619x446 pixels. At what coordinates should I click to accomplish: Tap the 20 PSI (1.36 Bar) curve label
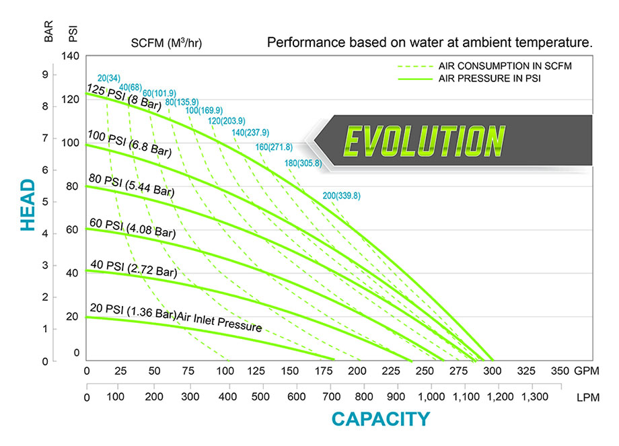(x=133, y=312)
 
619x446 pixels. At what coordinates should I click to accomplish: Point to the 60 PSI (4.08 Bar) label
(x=132, y=229)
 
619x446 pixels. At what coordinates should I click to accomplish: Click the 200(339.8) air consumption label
(x=342, y=196)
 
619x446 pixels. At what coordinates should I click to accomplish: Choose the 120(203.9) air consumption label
(x=227, y=121)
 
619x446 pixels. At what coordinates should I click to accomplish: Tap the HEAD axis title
(x=28, y=205)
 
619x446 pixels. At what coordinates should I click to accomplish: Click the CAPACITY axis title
(x=380, y=419)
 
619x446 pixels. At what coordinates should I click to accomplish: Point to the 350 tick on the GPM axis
(x=560, y=372)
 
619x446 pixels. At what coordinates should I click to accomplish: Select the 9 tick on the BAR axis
(x=46, y=75)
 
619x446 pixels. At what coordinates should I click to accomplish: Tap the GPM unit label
(x=587, y=372)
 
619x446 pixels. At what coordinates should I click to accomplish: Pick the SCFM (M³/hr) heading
(x=166, y=44)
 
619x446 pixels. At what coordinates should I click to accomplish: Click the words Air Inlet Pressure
(x=220, y=322)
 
